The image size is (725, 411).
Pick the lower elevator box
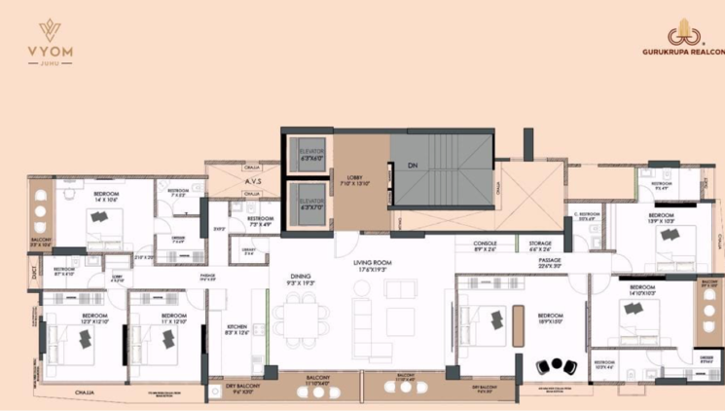pyautogui.click(x=311, y=204)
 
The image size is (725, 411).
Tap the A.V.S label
pyautogui.click(x=252, y=181)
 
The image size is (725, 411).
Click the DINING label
pyautogui.click(x=301, y=279)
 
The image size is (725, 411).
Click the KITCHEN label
pyautogui.click(x=236, y=328)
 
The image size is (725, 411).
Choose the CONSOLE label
pyautogui.click(x=486, y=244)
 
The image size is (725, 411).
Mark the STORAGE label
pyautogui.click(x=541, y=244)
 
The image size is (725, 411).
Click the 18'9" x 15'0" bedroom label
pyautogui.click(x=552, y=318)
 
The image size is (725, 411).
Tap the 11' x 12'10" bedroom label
pyautogui.click(x=173, y=318)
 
